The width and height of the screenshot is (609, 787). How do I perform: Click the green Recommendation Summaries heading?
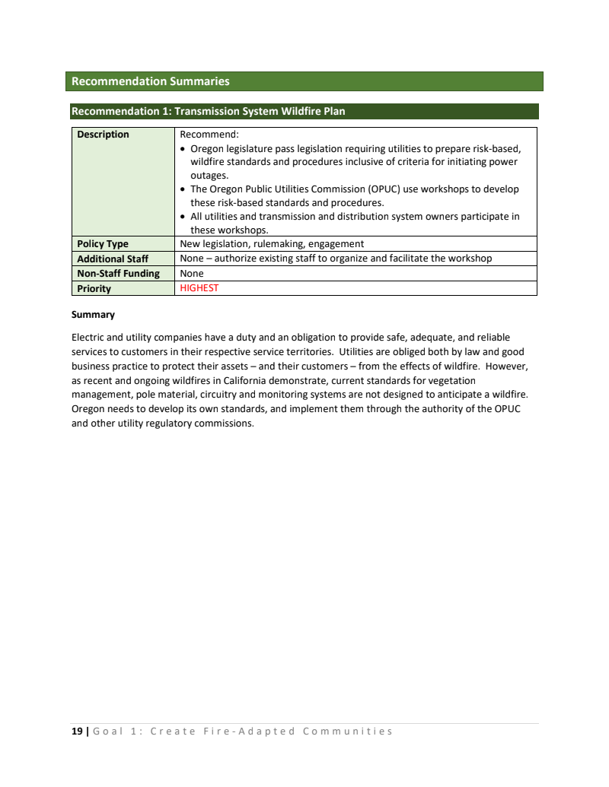[150, 81]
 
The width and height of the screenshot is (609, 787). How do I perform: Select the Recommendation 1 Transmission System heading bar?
[208, 112]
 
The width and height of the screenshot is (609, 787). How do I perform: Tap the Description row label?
[103, 135]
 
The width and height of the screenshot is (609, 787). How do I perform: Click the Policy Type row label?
[103, 244]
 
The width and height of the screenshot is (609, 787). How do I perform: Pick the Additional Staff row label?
[112, 259]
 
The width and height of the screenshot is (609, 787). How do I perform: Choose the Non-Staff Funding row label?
[118, 273]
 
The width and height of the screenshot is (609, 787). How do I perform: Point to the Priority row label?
[94, 288]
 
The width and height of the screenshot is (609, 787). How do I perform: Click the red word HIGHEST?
[199, 288]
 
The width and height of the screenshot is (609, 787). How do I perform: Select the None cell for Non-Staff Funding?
[192, 273]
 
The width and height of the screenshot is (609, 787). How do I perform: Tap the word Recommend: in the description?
[209, 135]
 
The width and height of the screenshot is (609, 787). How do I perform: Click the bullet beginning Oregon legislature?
[183, 149]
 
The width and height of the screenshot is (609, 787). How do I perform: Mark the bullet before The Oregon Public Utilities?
[183, 189]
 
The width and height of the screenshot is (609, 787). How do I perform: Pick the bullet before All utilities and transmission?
[183, 217]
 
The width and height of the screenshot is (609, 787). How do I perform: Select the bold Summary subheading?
[93, 314]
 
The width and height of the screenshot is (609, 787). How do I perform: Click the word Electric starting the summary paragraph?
[88, 337]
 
